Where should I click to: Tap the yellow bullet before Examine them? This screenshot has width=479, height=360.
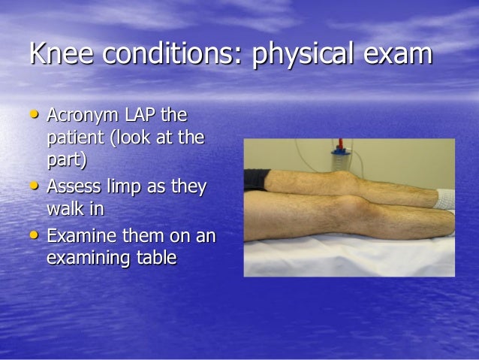pos(35,235)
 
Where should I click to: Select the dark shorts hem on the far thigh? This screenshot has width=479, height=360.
pos(257,179)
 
